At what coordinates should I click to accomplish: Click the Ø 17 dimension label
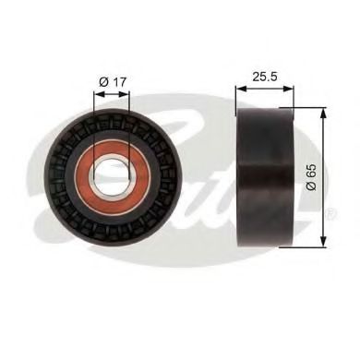(x=112, y=81)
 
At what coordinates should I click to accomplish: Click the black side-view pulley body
(x=266, y=175)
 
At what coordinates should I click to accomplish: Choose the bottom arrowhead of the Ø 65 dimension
(x=322, y=244)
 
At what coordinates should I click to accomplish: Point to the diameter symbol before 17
(x=103, y=81)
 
